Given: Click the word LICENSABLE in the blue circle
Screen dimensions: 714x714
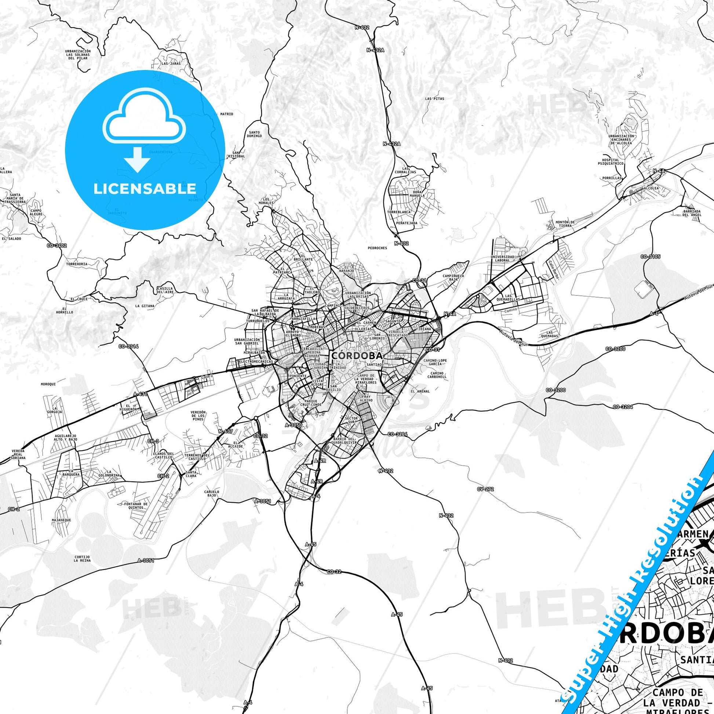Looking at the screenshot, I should tap(145, 189).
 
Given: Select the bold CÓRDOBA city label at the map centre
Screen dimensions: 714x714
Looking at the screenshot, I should tap(357, 355).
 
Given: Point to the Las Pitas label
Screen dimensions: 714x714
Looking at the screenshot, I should tap(434, 99).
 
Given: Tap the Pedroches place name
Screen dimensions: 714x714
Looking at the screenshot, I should tap(377, 248).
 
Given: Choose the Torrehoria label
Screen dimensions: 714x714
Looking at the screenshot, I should tap(76, 264).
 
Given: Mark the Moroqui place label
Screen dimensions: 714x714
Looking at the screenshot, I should tap(48, 384).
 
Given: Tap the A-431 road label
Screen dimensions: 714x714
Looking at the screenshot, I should tap(141, 394).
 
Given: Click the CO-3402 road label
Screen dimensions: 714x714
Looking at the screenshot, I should tap(57, 245).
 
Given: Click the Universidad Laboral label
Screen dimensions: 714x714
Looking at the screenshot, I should tap(502, 258).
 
